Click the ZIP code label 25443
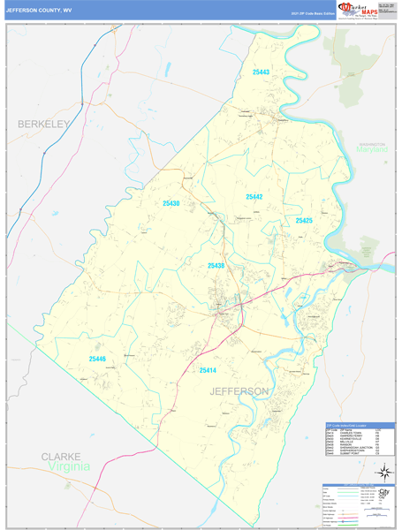pos(261,72)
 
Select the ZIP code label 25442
pos(254,196)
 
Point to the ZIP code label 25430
pos(171,203)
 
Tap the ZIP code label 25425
pos(304,220)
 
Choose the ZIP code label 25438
pos(216,265)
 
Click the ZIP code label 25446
pos(97,359)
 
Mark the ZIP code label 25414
pos(209,370)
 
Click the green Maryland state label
pos(373,150)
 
